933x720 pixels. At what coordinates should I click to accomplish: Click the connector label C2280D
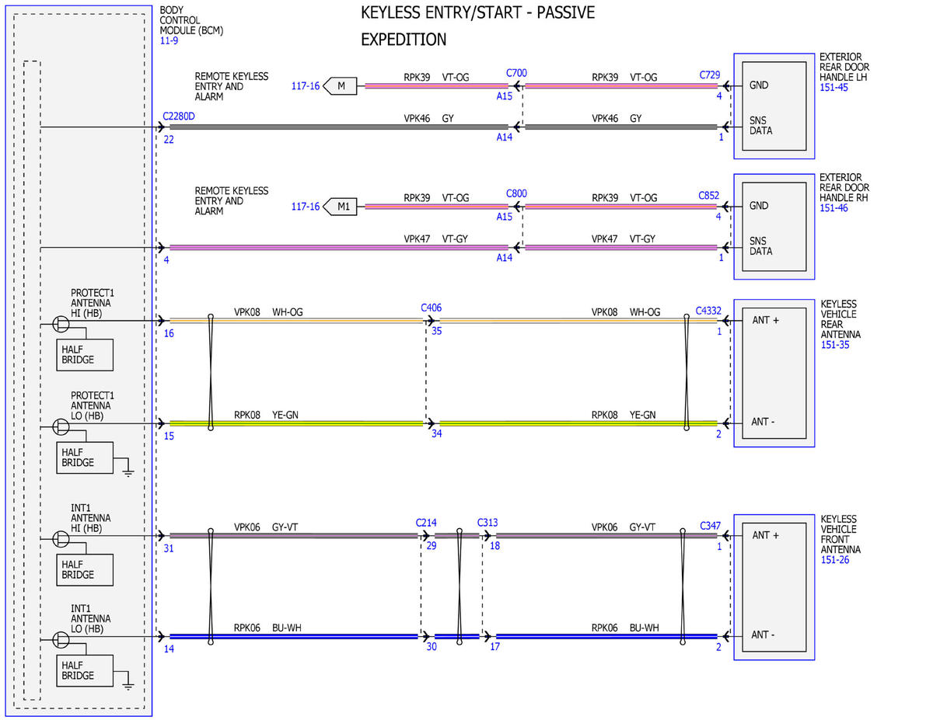pyautogui.click(x=179, y=117)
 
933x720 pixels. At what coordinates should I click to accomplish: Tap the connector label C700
pyautogui.click(x=516, y=73)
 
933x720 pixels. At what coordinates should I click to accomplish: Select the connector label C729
pyautogui.click(x=709, y=75)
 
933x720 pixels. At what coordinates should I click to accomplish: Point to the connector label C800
pyautogui.click(x=516, y=193)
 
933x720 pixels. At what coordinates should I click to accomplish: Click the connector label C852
pyautogui.click(x=708, y=196)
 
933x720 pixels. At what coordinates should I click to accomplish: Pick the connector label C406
pyautogui.click(x=431, y=308)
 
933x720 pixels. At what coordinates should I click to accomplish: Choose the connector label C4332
pyautogui.click(x=708, y=311)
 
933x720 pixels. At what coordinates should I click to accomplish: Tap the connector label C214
pyautogui.click(x=426, y=523)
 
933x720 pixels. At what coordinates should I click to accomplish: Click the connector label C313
pyautogui.click(x=487, y=522)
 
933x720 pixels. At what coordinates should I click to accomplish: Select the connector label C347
pyautogui.click(x=710, y=526)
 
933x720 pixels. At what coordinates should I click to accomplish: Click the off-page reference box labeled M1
pyautogui.click(x=340, y=207)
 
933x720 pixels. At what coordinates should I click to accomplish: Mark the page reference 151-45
pyautogui.click(x=833, y=88)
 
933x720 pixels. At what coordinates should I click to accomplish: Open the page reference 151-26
pyautogui.click(x=835, y=560)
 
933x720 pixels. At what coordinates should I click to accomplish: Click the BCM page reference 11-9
pyautogui.click(x=169, y=40)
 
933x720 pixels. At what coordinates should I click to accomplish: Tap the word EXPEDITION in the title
pyautogui.click(x=404, y=40)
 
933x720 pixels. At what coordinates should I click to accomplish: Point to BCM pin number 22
pyautogui.click(x=169, y=139)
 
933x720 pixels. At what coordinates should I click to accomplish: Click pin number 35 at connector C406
pyautogui.click(x=437, y=331)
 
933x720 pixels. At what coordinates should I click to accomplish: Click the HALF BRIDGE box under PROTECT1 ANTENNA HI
pyautogui.click(x=85, y=355)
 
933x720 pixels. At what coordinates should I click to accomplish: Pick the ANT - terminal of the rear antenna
pyautogui.click(x=763, y=422)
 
